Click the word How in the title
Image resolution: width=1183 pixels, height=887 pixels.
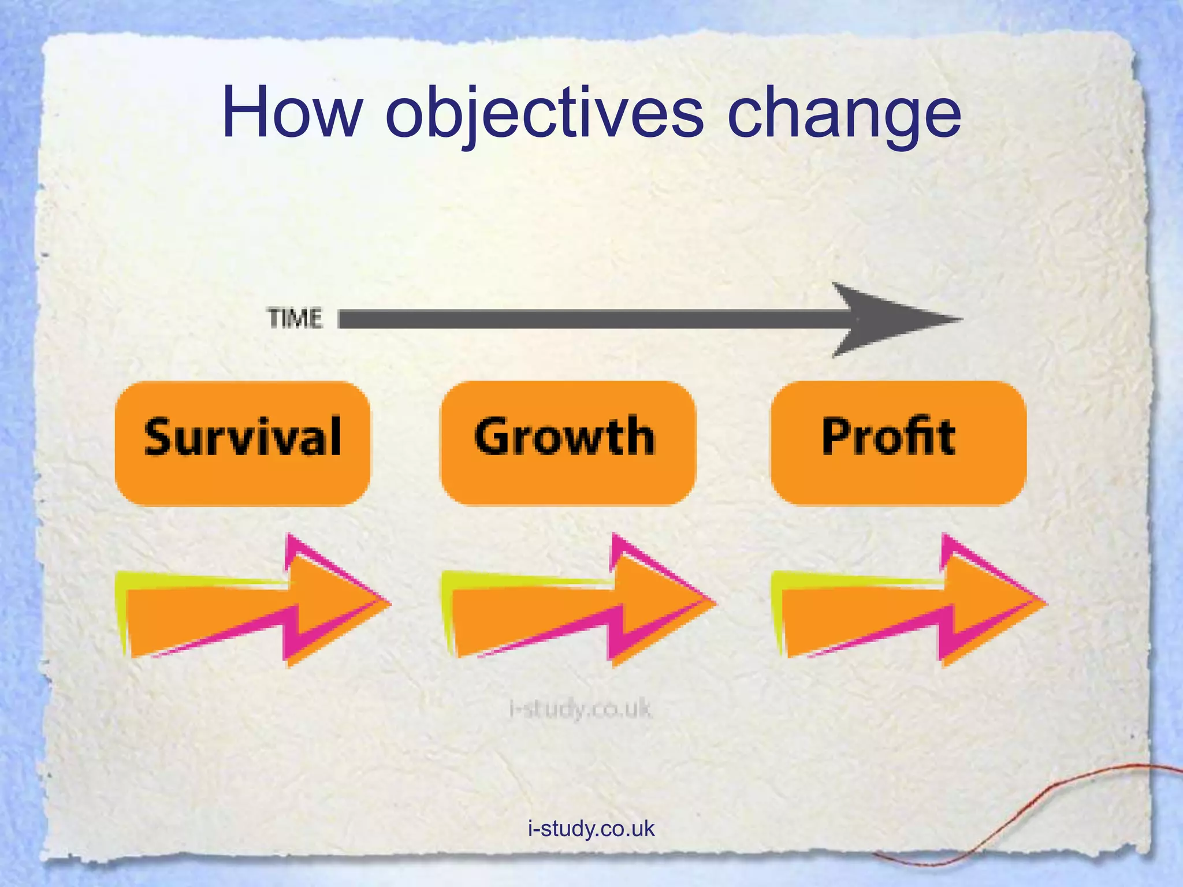(x=292, y=113)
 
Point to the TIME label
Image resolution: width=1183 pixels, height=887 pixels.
(x=295, y=319)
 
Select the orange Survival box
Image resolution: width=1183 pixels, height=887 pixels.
(x=243, y=479)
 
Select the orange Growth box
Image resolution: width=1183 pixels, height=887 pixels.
(x=568, y=479)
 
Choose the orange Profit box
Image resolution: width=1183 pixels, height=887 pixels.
(x=898, y=479)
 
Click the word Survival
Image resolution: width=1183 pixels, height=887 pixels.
(x=243, y=437)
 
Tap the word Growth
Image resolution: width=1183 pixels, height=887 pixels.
(x=564, y=437)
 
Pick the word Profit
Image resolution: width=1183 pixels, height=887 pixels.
(x=888, y=437)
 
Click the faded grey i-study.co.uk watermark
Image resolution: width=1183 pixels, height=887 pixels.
(x=580, y=709)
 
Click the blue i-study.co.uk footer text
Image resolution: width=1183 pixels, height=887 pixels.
(x=591, y=829)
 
